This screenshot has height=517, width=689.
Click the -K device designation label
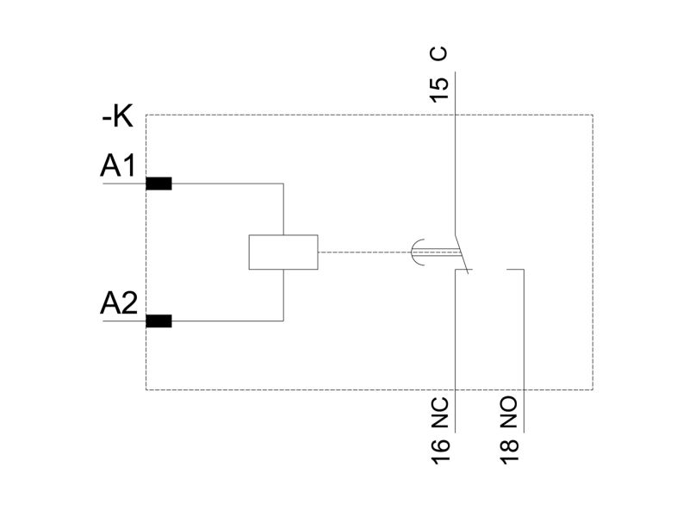(x=117, y=117)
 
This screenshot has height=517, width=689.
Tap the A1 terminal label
(x=118, y=165)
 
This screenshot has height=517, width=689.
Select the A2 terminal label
(x=119, y=302)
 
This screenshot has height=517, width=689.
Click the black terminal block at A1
(x=158, y=184)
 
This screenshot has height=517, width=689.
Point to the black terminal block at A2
(x=158, y=321)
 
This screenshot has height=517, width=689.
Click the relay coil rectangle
(x=283, y=252)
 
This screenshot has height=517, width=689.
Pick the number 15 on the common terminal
(x=439, y=90)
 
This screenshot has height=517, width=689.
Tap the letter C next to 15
(x=439, y=53)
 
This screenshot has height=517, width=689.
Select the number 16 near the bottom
(x=441, y=451)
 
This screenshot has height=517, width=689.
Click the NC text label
(x=441, y=413)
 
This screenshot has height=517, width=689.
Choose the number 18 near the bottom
(x=509, y=451)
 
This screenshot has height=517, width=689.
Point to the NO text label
(x=509, y=413)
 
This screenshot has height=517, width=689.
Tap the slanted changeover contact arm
(x=462, y=253)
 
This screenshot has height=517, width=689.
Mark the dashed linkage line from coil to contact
(x=364, y=252)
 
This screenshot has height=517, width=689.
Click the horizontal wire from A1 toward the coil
(x=227, y=184)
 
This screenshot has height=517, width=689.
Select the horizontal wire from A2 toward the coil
(x=227, y=321)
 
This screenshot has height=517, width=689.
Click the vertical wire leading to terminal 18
(x=524, y=351)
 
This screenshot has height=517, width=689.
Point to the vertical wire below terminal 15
(x=455, y=153)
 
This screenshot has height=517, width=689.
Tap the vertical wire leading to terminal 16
(x=455, y=351)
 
